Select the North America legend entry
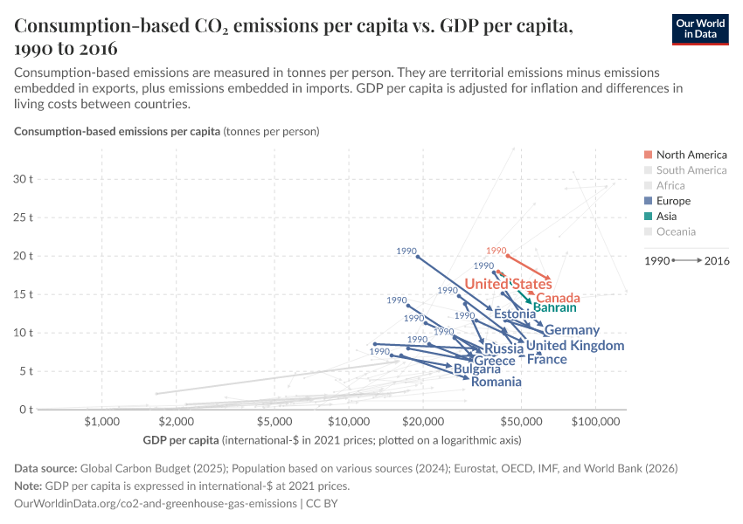[691, 155]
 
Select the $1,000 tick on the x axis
[102, 422]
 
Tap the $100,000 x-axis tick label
[595, 422]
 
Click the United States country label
[508, 284]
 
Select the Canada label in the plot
[558, 298]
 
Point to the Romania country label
[496, 382]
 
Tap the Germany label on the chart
[572, 330]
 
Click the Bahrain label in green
[554, 308]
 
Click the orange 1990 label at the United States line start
[496, 251]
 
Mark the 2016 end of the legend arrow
[716, 260]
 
